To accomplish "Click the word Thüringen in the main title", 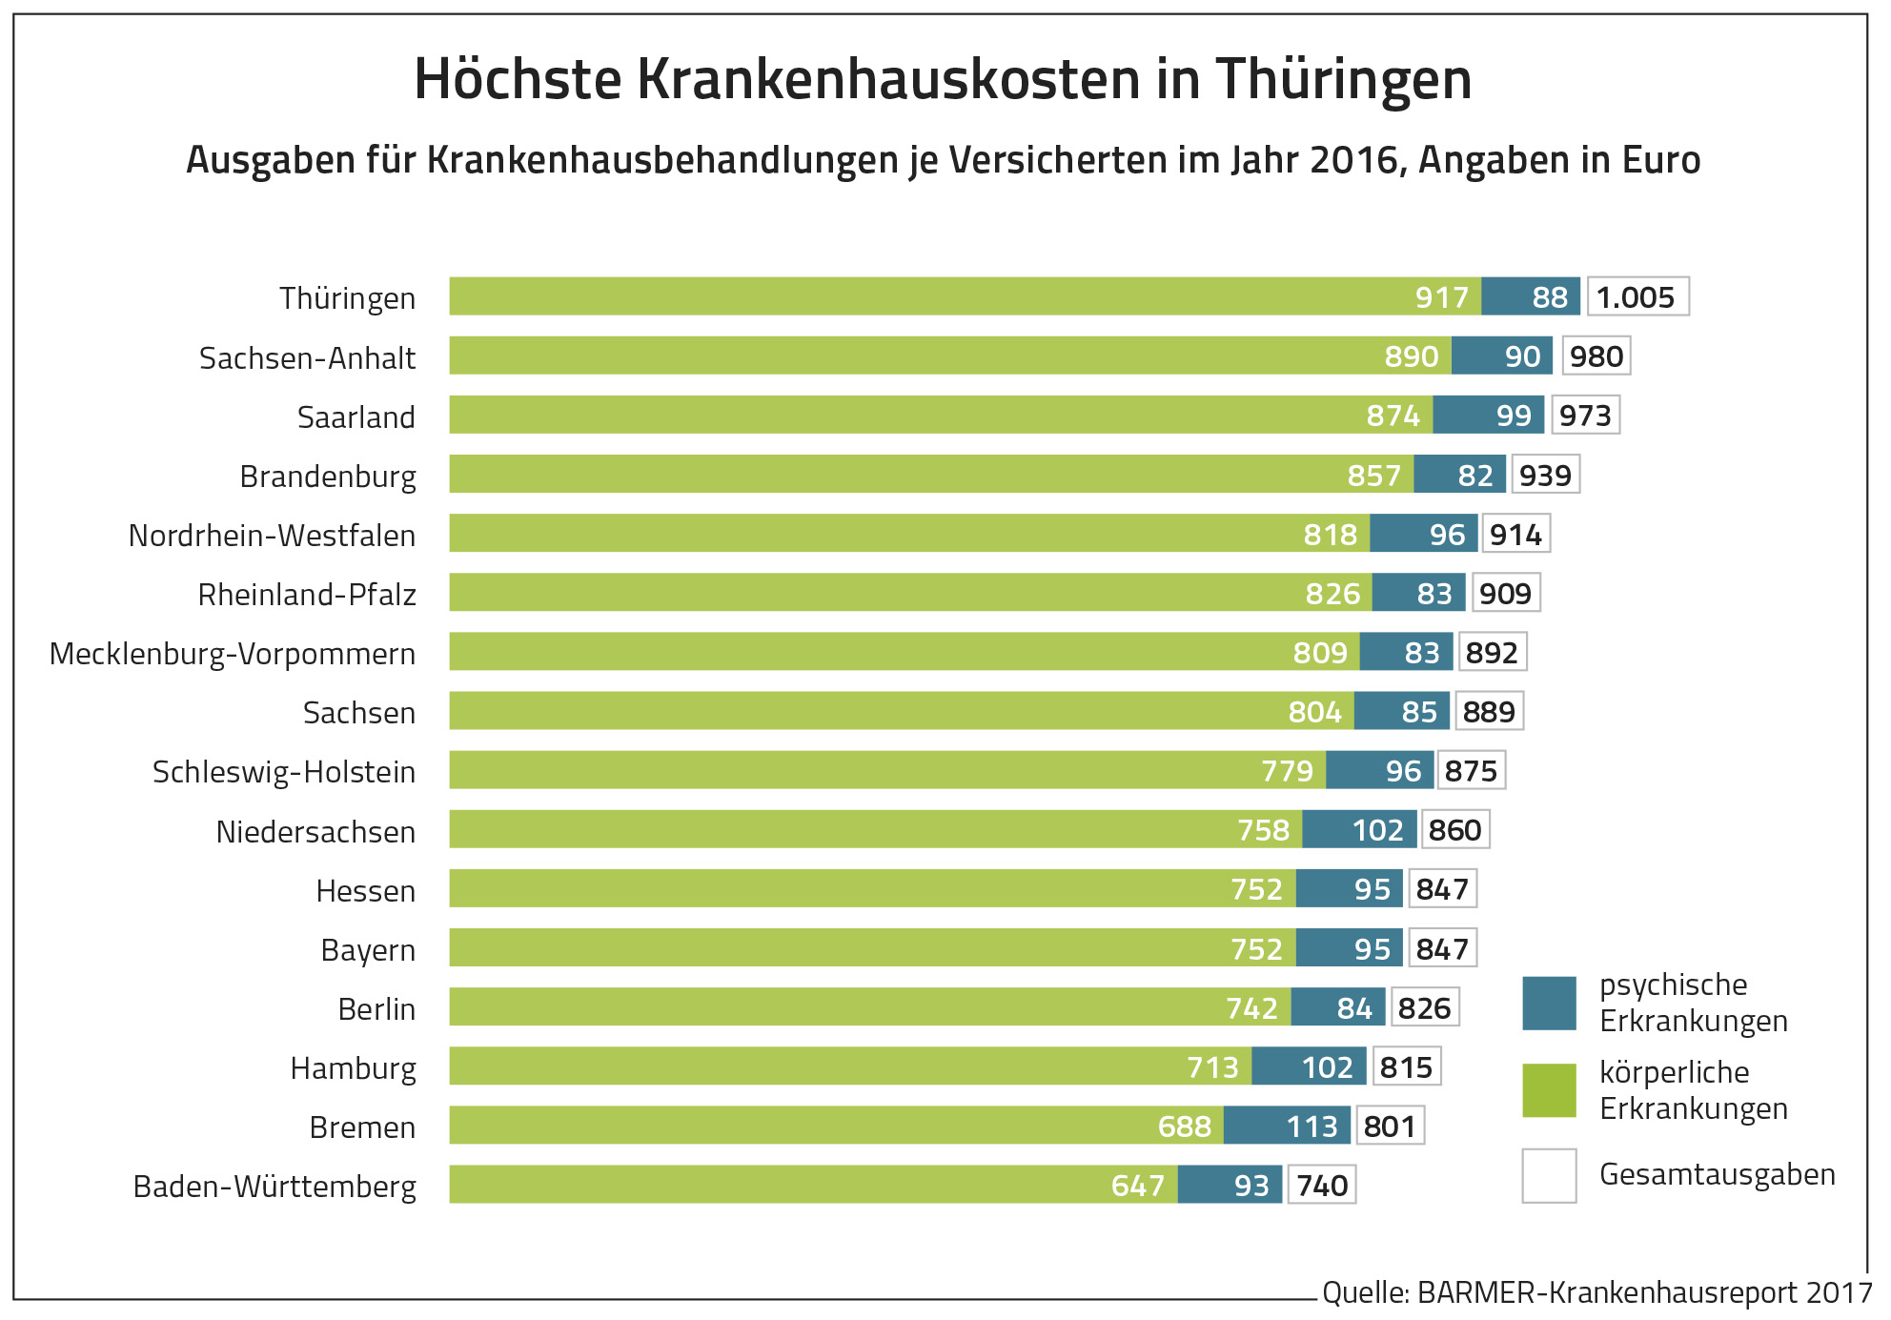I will [x=1343, y=80].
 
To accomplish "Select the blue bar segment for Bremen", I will [x=1287, y=1126].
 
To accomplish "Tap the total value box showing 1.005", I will [x=1637, y=297].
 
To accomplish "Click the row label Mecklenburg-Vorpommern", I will [x=233, y=654].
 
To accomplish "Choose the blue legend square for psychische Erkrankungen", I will [x=1549, y=1004].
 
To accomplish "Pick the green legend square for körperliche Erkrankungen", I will [x=1549, y=1090].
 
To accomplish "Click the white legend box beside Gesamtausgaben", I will [x=1549, y=1176].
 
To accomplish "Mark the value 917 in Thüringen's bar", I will [x=1441, y=298].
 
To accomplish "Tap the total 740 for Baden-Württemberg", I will [x=1322, y=1186].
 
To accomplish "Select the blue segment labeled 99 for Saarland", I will [x=1489, y=416].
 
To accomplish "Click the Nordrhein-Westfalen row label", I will [x=272, y=536].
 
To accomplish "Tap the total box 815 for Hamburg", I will [x=1407, y=1067].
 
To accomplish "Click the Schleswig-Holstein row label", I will [x=284, y=772].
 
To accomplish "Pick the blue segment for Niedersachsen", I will [x=1359, y=829].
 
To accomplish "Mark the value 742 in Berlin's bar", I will [x=1250, y=1008].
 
